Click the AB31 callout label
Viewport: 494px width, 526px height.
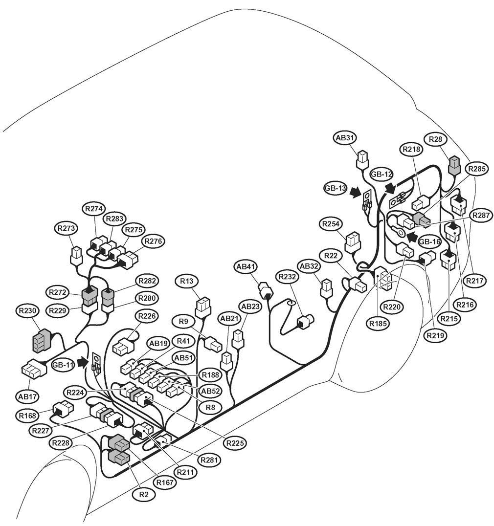[x=344, y=138]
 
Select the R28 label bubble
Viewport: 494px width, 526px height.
[x=435, y=139]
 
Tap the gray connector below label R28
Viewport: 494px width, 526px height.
[x=454, y=165]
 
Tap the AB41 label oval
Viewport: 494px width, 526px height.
[x=246, y=267]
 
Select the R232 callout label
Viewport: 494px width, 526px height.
[x=289, y=276]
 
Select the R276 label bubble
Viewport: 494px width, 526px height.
[x=153, y=241]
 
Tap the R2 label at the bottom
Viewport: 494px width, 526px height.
[x=144, y=494]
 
